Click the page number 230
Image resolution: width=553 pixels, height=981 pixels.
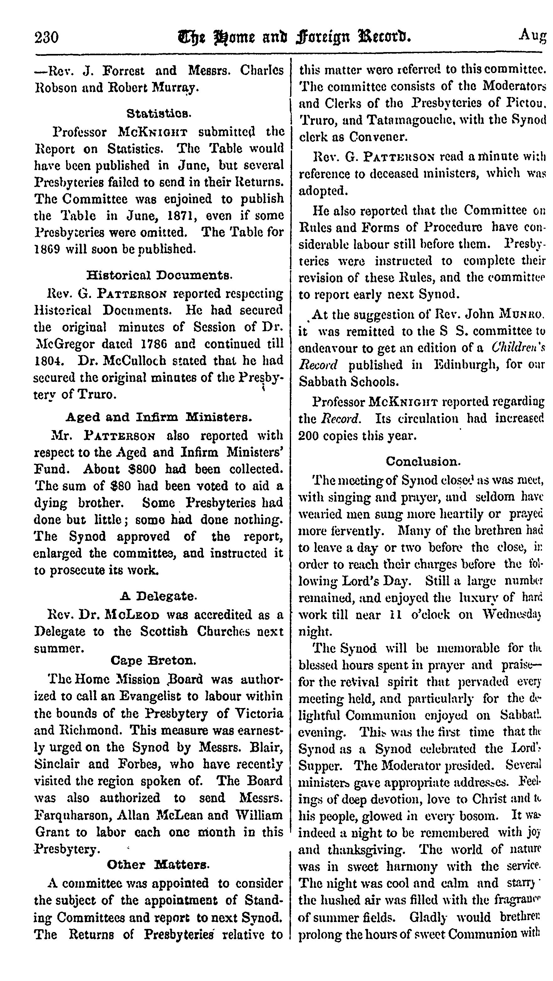pyautogui.click(x=46, y=38)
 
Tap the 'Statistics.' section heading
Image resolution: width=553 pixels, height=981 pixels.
pyautogui.click(x=159, y=113)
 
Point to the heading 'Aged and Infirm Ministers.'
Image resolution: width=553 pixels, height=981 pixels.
pyautogui.click(x=159, y=417)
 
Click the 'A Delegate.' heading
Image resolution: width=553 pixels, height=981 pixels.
pyautogui.click(x=159, y=596)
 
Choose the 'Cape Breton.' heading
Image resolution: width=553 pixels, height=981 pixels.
pyautogui.click(x=153, y=660)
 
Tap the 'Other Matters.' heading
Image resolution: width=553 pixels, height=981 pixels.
pyautogui.click(x=158, y=865)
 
